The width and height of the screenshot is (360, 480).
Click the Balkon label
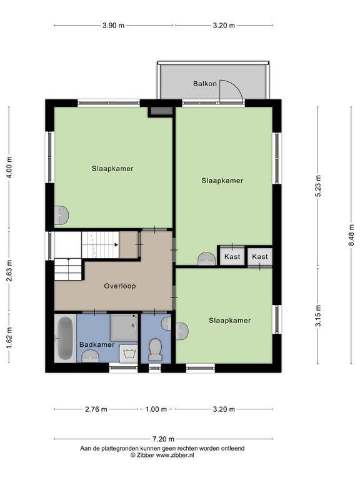[205, 84]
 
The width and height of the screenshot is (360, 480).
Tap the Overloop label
[120, 286]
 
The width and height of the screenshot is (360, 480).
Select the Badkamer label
[97, 344]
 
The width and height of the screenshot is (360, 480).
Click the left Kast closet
[232, 256]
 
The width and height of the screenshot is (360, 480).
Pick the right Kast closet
[260, 256]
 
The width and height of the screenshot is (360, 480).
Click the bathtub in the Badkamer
[65, 338]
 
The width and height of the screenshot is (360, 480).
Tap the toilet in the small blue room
[155, 349]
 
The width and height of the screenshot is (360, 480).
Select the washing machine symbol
[129, 354]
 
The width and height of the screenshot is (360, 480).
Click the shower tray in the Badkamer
[124, 327]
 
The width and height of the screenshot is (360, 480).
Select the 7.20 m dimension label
[164, 439]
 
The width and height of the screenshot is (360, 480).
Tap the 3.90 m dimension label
[113, 26]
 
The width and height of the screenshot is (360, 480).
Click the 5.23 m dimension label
[318, 186]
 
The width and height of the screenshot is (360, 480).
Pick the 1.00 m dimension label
[156, 409]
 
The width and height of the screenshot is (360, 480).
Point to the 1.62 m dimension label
[9, 337]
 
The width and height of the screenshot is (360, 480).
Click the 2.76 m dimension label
[96, 409]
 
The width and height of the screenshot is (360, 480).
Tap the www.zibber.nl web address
[175, 455]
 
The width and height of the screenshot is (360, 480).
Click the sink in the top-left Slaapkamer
[61, 215]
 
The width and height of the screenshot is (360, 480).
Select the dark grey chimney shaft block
[161, 111]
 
